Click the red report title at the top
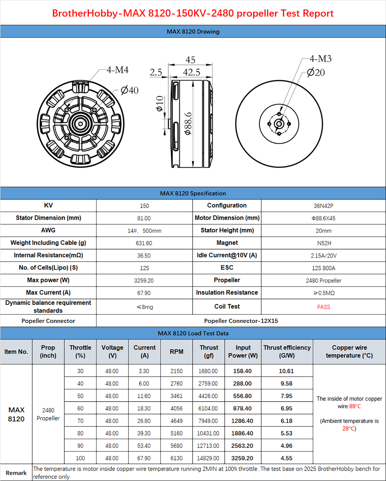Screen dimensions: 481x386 pos(193,13)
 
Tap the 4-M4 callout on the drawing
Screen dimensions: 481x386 pos(117,70)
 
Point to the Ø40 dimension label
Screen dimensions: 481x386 pos(130,90)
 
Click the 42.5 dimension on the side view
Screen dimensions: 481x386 pos(191,72)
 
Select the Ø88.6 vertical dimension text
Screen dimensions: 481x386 pos(188,123)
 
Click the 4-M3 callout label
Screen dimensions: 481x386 pos(320,59)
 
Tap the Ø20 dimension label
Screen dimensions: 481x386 pos(316,72)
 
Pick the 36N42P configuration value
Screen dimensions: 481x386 pos(323,206)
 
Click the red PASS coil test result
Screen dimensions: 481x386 pos(323,307)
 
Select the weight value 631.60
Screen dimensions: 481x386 pos(144,243)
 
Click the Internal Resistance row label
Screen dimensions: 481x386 pos(48,255)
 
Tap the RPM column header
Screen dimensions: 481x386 pos(176,352)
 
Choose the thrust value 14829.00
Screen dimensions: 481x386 pos(208,458)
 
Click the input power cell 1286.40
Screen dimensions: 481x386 pos(242,421)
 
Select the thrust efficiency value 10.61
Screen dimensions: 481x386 pos(286,371)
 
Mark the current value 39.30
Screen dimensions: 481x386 pos(144,433)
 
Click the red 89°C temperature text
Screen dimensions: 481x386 pos(355,406)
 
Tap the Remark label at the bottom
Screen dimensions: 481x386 pos(16,473)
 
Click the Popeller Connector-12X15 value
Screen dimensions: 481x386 pos(241,321)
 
